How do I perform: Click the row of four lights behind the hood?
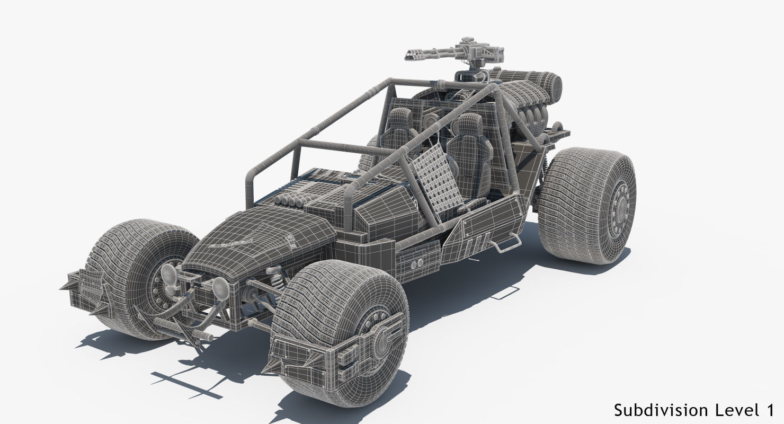point(289,201)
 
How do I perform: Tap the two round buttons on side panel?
point(416,262)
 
